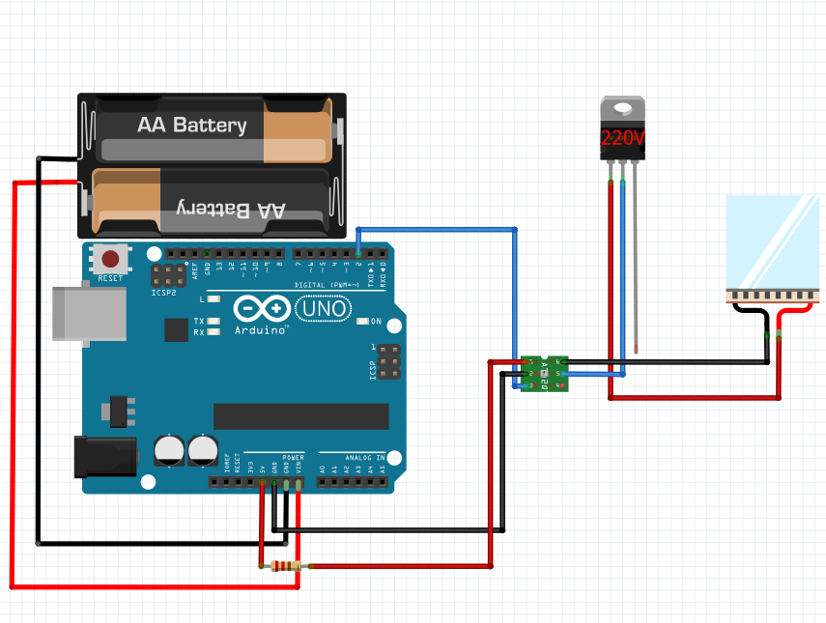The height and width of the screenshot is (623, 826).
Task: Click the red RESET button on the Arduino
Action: tap(112, 259)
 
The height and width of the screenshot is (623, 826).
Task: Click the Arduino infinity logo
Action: tap(261, 309)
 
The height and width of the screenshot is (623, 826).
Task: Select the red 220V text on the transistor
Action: tap(622, 137)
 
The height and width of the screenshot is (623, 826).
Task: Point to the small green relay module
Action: tap(546, 373)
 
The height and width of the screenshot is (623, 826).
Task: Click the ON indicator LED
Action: tap(363, 321)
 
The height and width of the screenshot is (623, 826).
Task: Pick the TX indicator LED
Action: tap(214, 321)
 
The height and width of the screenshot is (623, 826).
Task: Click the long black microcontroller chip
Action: tap(300, 415)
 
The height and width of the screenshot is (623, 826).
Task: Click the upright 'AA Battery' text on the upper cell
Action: tap(191, 126)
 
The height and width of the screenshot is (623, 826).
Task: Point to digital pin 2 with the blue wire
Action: tap(358, 254)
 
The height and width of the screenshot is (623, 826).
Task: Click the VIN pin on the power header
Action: tap(299, 481)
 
